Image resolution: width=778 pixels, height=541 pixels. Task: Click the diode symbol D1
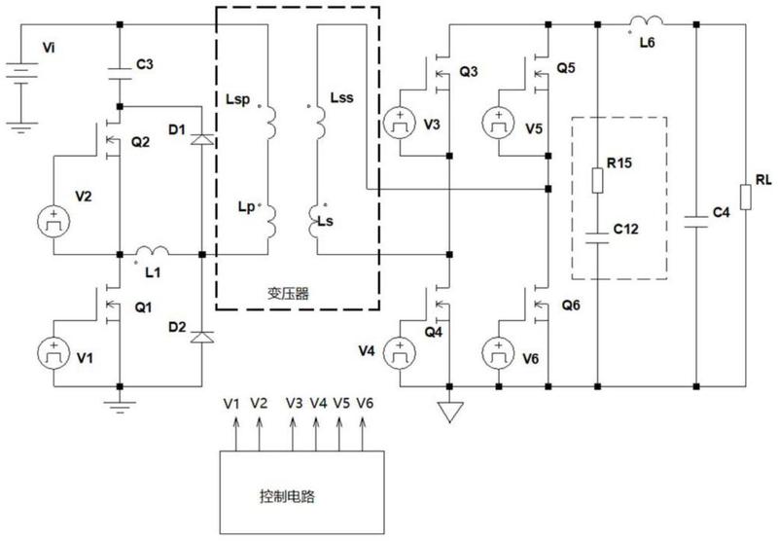202,139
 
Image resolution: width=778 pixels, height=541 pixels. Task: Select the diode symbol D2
202,337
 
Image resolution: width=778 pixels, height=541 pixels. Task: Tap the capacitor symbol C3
120,73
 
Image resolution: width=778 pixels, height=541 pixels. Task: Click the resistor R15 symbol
597,180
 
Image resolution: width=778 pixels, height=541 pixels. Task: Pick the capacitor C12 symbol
597,237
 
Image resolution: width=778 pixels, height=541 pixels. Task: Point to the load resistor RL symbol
745,198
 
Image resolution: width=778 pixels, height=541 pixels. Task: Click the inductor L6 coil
646,20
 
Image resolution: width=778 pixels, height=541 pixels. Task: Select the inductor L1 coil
153,251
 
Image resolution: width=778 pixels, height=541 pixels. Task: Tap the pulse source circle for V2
53,222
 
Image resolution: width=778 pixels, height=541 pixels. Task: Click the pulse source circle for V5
498,123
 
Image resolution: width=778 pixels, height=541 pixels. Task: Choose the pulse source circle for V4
400,353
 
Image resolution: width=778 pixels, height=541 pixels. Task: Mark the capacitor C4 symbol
696,222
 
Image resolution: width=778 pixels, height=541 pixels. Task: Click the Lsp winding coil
272,123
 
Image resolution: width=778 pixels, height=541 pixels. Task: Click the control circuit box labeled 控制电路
301,492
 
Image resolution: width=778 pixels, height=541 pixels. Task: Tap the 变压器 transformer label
288,294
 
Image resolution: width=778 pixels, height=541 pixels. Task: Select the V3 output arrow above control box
294,434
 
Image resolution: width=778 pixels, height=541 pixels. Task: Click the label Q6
571,306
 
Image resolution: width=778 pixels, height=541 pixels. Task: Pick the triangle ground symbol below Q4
450,412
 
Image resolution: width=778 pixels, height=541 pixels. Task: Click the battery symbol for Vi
21,74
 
